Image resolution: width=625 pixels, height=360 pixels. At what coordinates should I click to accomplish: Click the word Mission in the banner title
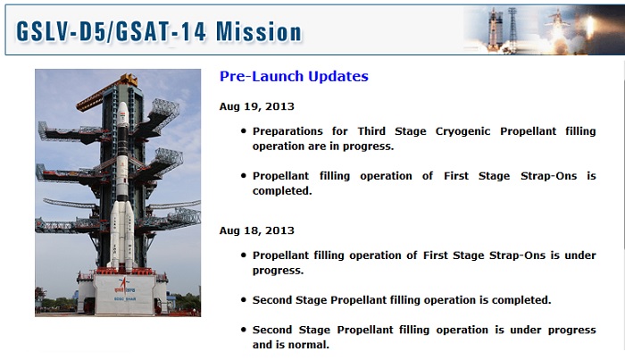pos(259,31)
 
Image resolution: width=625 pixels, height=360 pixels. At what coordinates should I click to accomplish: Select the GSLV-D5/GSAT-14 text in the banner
pos(112,31)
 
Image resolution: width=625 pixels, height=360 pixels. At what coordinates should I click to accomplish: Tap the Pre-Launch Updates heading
pos(294,76)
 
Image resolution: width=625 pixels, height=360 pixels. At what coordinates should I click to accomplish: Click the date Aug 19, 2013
pos(257,106)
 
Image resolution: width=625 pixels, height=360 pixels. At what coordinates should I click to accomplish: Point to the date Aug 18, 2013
pos(257,230)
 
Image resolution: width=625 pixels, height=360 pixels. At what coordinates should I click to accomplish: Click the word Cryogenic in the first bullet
pos(462,131)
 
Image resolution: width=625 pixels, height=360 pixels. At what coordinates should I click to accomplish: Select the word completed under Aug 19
pos(282,191)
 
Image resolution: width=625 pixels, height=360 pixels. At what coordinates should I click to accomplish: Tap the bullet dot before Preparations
pos(244,130)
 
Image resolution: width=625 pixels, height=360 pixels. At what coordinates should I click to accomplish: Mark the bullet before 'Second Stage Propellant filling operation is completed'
pos(244,299)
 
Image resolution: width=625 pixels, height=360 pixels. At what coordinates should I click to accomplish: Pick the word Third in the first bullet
pos(371,131)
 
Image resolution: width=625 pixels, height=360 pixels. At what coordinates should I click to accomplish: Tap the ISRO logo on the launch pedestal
pos(125,286)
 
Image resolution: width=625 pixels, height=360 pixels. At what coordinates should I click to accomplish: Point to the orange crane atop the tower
pos(107,92)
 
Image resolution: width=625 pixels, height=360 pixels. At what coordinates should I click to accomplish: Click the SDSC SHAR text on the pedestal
pos(125,298)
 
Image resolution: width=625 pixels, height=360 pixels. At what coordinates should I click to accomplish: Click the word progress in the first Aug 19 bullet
pos(368,147)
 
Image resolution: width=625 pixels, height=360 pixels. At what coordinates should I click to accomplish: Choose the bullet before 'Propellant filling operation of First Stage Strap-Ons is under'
pos(244,255)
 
